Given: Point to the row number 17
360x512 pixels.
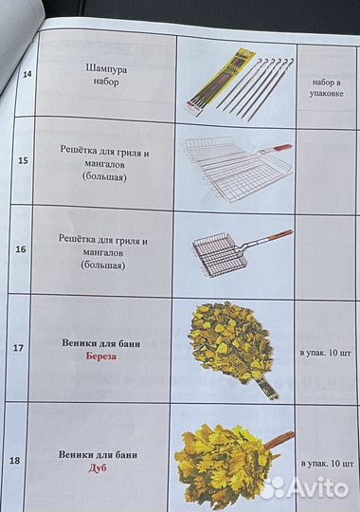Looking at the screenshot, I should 16,347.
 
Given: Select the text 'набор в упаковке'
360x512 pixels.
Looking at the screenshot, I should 327,89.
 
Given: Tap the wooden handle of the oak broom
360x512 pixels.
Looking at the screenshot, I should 278,440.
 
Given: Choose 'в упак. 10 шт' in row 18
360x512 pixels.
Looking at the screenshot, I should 328,464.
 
